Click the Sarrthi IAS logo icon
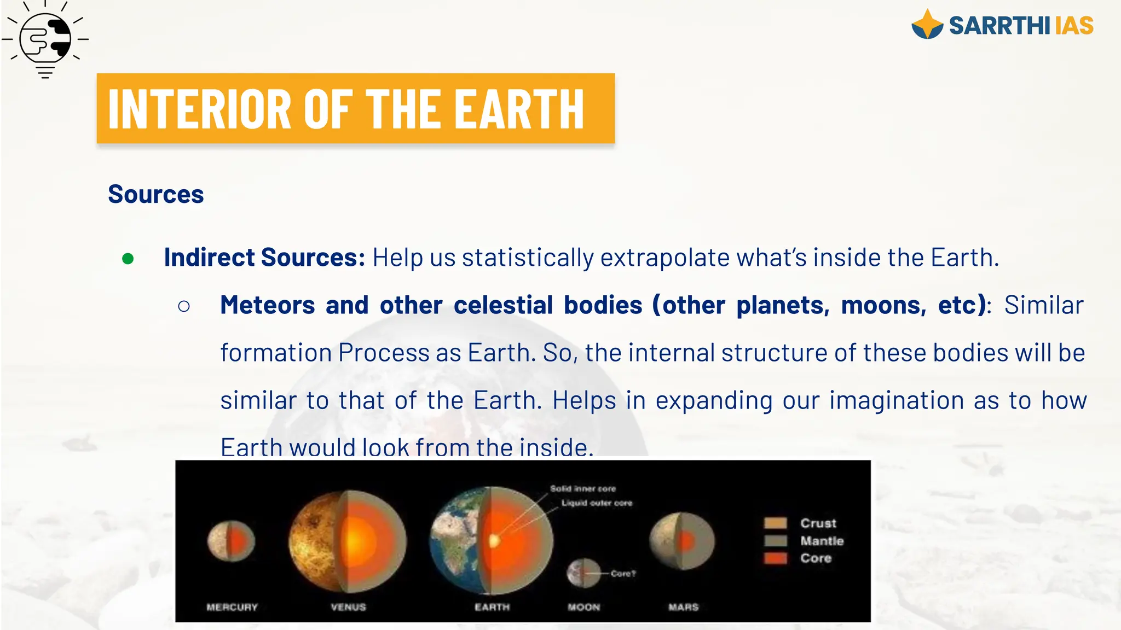pyautogui.click(x=927, y=25)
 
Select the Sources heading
pyautogui.click(x=156, y=195)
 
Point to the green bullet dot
pyautogui.click(x=128, y=259)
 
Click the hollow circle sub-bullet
pyautogui.click(x=184, y=306)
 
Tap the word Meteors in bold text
pyautogui.click(x=267, y=305)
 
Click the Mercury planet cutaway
pyautogui.click(x=231, y=541)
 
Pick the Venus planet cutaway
pyautogui.click(x=348, y=541)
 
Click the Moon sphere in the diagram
pyautogui.click(x=583, y=573)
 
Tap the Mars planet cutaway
pyautogui.click(x=682, y=541)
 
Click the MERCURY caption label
pyautogui.click(x=232, y=607)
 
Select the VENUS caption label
pyautogui.click(x=348, y=607)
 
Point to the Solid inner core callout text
pyautogui.click(x=583, y=488)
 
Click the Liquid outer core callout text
pyautogui.click(x=597, y=503)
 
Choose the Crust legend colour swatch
pyautogui.click(x=775, y=523)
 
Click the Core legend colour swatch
pyautogui.click(x=775, y=558)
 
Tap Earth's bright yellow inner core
pyautogui.click(x=494, y=541)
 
